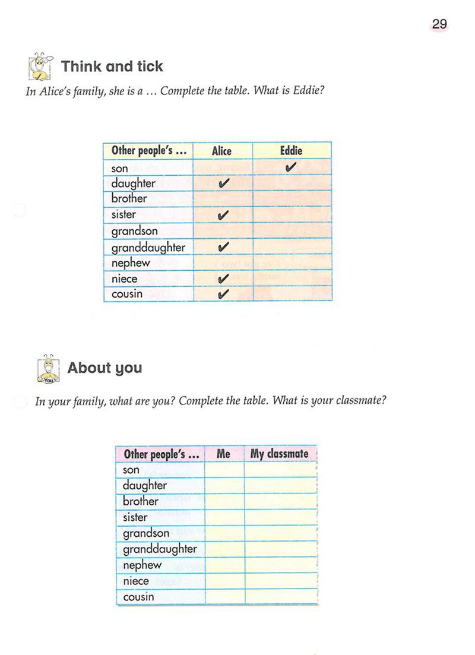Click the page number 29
point(439,24)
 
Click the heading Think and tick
point(112,66)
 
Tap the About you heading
point(104,368)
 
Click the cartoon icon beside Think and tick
point(40,66)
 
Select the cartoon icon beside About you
point(47,368)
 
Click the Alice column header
point(221,151)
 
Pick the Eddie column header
point(291,151)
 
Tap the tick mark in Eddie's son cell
point(290,168)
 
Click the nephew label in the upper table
point(131,262)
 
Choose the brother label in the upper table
point(129,199)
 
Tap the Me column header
point(223,454)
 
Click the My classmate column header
point(279,454)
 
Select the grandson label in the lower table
point(146,533)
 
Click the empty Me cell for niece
point(224,581)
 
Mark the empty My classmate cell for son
point(280,470)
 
